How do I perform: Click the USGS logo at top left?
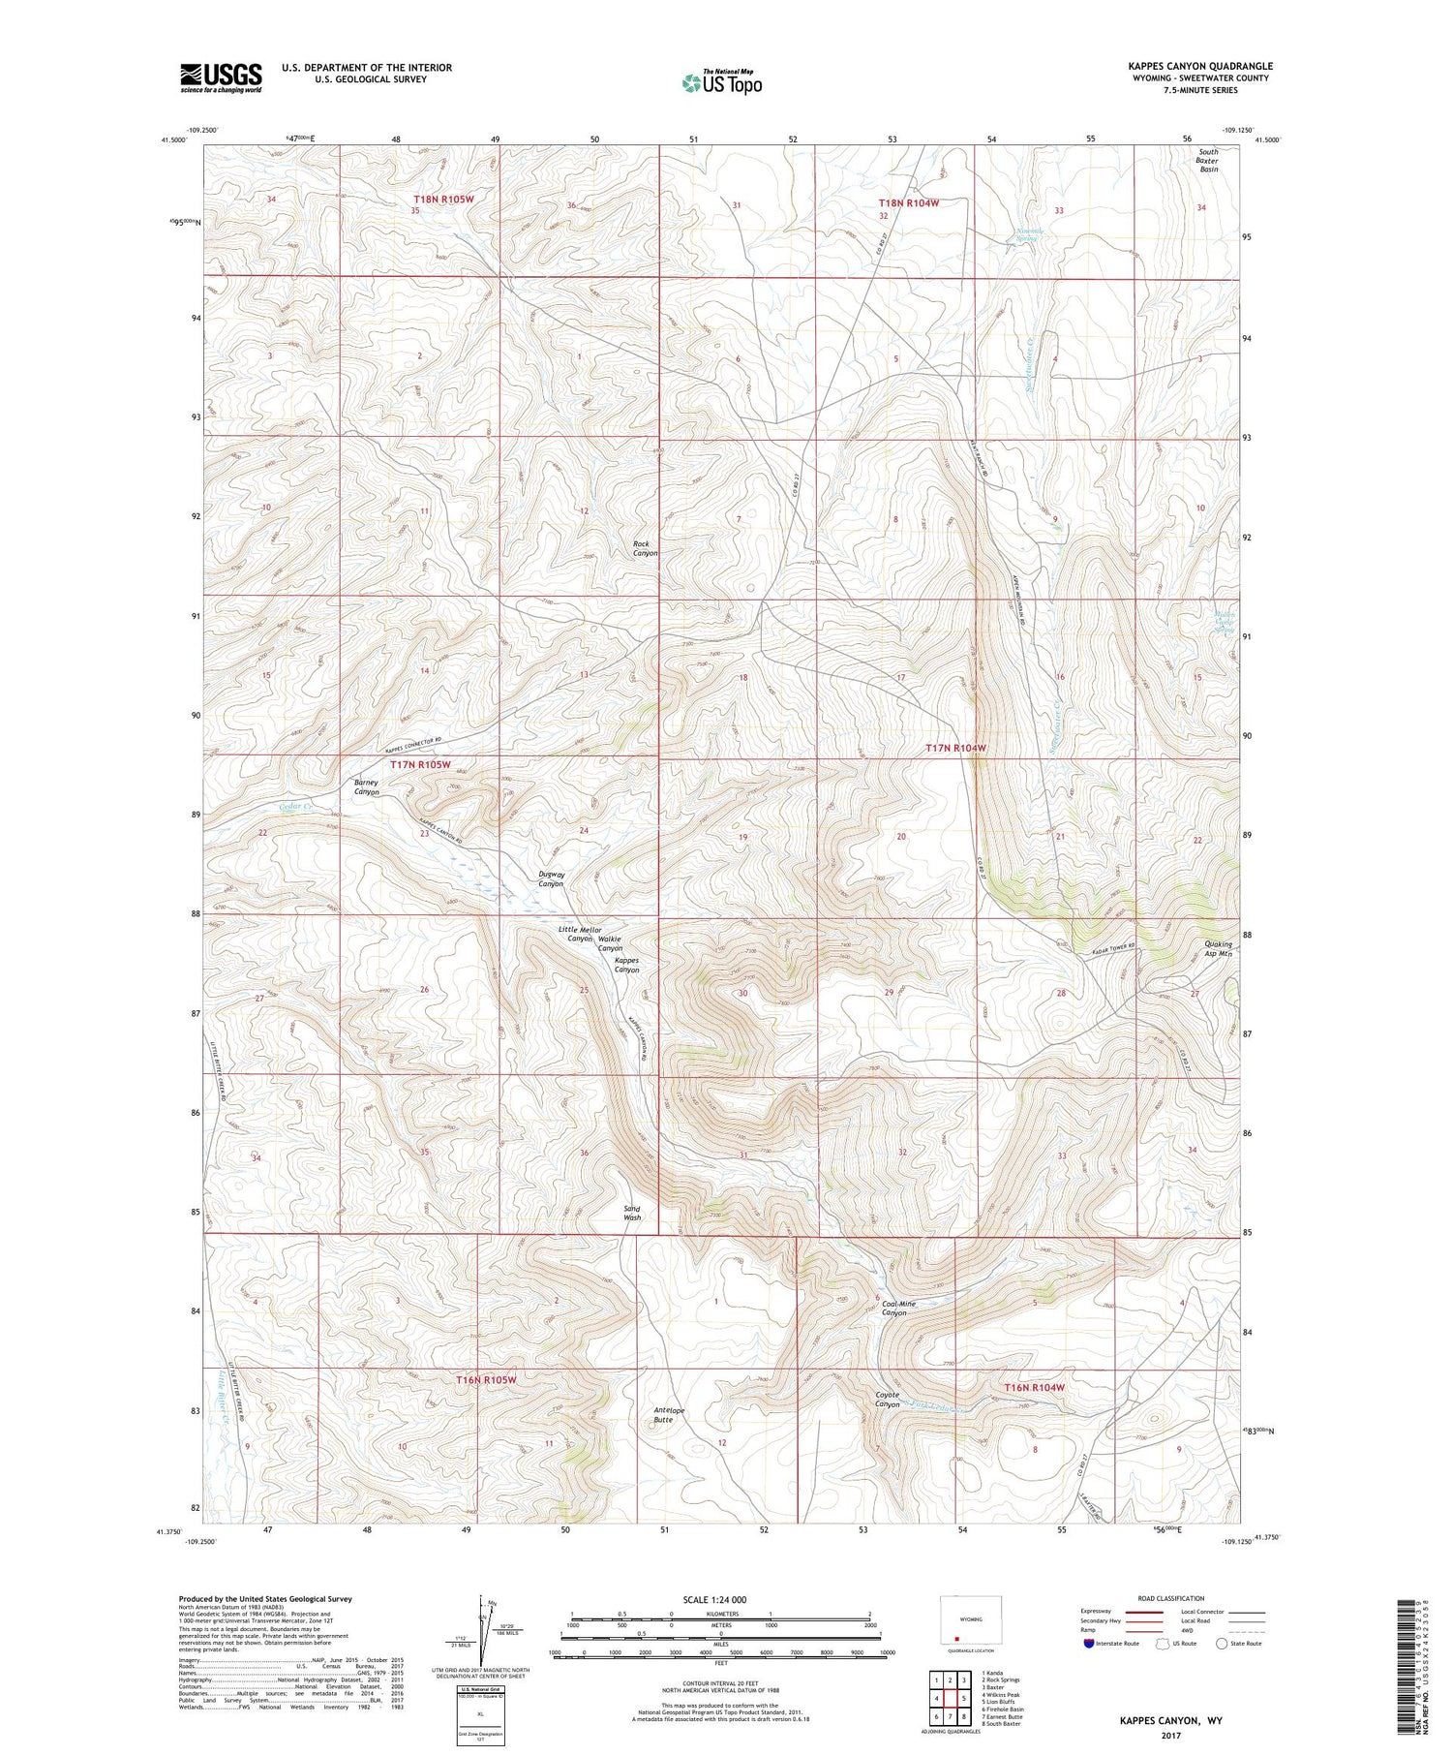(x=221, y=77)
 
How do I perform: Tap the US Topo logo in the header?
(x=721, y=83)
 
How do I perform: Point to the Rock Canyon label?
(x=645, y=548)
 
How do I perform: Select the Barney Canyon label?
(x=366, y=786)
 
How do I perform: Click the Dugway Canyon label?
(x=551, y=878)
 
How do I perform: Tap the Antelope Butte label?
(x=669, y=1415)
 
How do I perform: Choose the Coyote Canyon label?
(x=888, y=1400)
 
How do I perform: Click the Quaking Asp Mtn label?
(x=1211, y=949)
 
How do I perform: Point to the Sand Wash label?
(x=631, y=1213)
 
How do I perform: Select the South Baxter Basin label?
(x=1208, y=160)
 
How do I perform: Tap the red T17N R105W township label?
(x=420, y=764)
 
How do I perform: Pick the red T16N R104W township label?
(x=1034, y=1387)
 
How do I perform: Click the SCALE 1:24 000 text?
(x=720, y=1599)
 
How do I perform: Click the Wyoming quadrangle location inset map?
(x=971, y=1624)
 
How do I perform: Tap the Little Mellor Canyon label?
(x=580, y=934)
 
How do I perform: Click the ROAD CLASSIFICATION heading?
(x=1171, y=1598)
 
